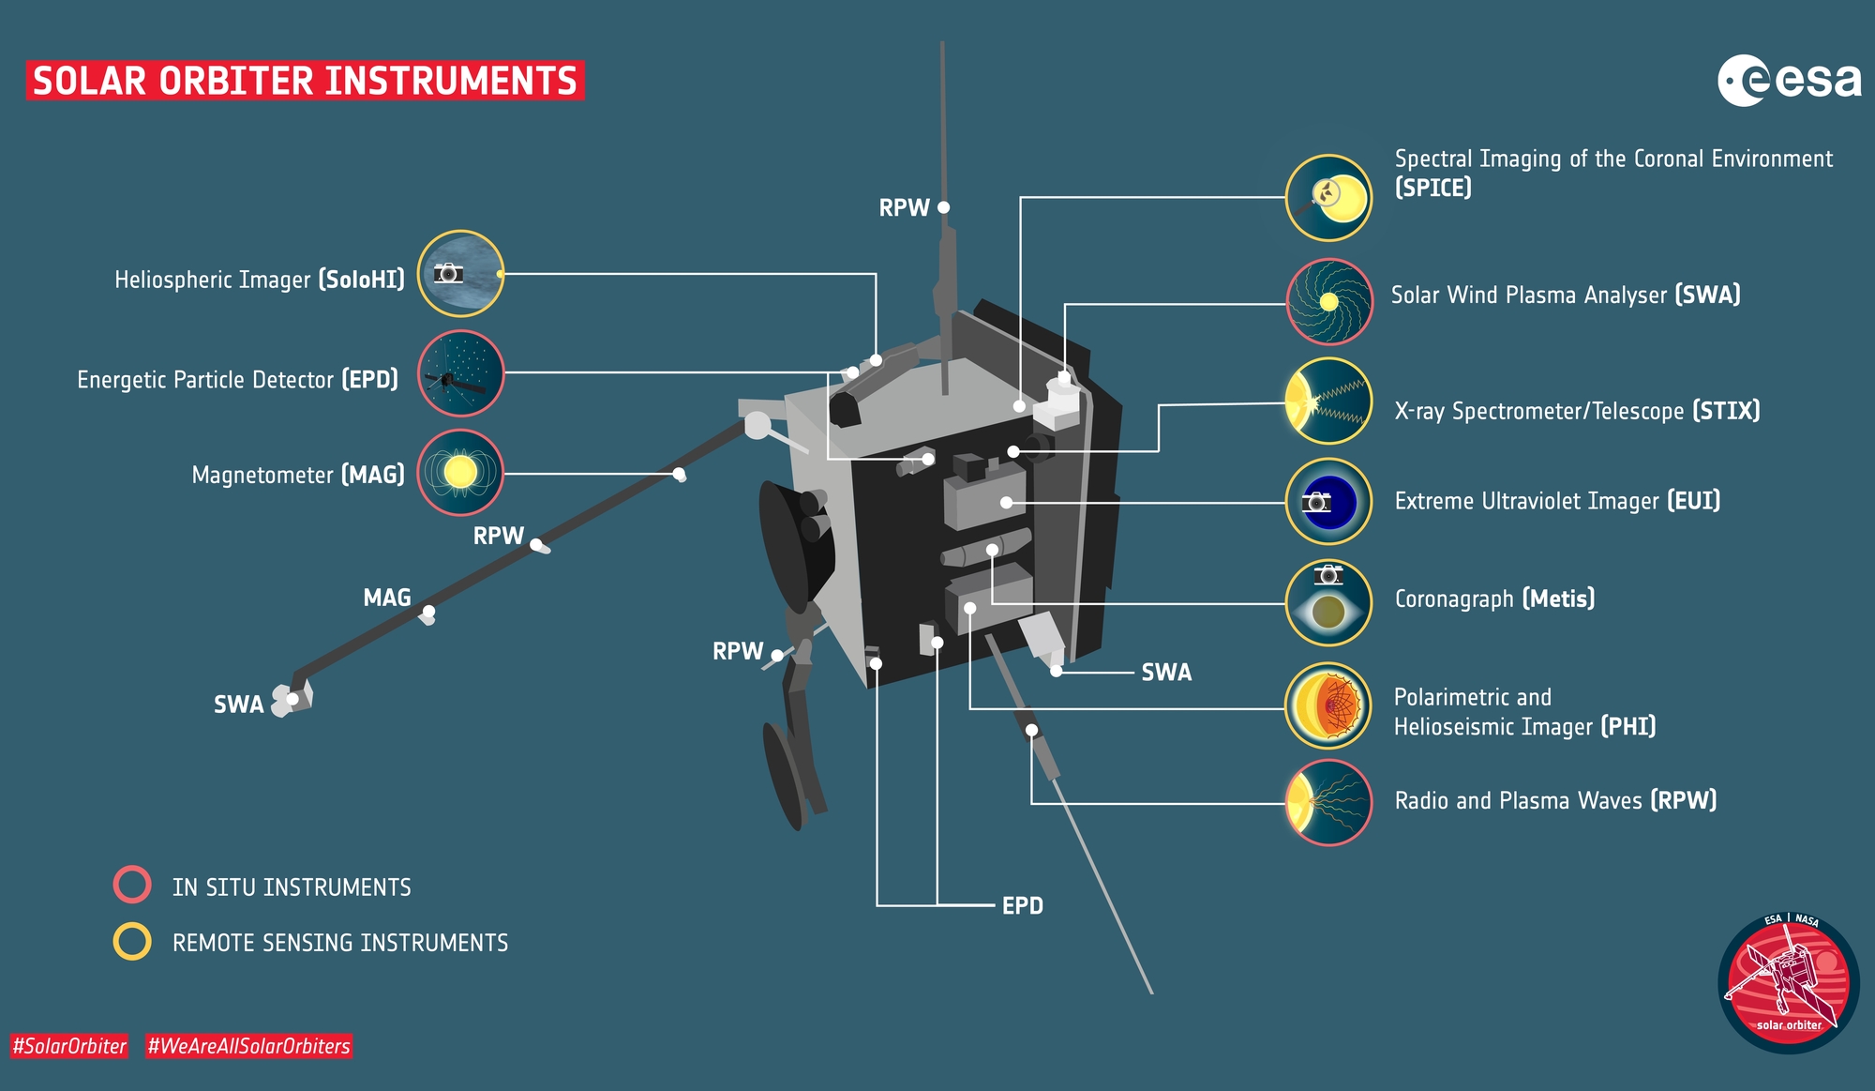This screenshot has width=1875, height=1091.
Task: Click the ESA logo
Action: click(1789, 81)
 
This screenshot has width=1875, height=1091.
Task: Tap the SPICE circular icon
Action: click(1328, 198)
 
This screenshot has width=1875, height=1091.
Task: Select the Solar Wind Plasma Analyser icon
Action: click(1328, 301)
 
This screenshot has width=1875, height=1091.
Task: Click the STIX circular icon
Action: click(1328, 401)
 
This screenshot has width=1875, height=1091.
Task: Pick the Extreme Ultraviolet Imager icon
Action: click(1328, 501)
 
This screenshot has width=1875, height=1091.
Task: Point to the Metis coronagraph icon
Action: click(1328, 602)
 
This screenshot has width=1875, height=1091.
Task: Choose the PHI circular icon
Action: click(1328, 705)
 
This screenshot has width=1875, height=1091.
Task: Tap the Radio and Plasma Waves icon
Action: click(1328, 803)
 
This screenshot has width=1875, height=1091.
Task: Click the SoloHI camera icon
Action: click(460, 273)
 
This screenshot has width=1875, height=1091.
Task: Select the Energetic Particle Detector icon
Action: click(460, 372)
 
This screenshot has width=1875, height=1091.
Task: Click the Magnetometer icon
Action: click(460, 472)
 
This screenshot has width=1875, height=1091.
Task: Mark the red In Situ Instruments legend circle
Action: click(132, 884)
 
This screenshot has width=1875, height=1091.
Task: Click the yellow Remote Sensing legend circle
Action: click(132, 941)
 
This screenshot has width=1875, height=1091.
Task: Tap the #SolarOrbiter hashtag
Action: click(69, 1046)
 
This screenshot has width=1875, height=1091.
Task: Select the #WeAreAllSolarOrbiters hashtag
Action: click(248, 1046)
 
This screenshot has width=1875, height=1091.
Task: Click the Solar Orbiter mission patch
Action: click(1789, 982)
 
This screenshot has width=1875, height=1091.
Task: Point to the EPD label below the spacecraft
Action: click(1023, 905)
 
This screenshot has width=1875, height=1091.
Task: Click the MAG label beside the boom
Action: click(387, 598)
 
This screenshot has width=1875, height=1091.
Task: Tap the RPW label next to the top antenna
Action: click(904, 207)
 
